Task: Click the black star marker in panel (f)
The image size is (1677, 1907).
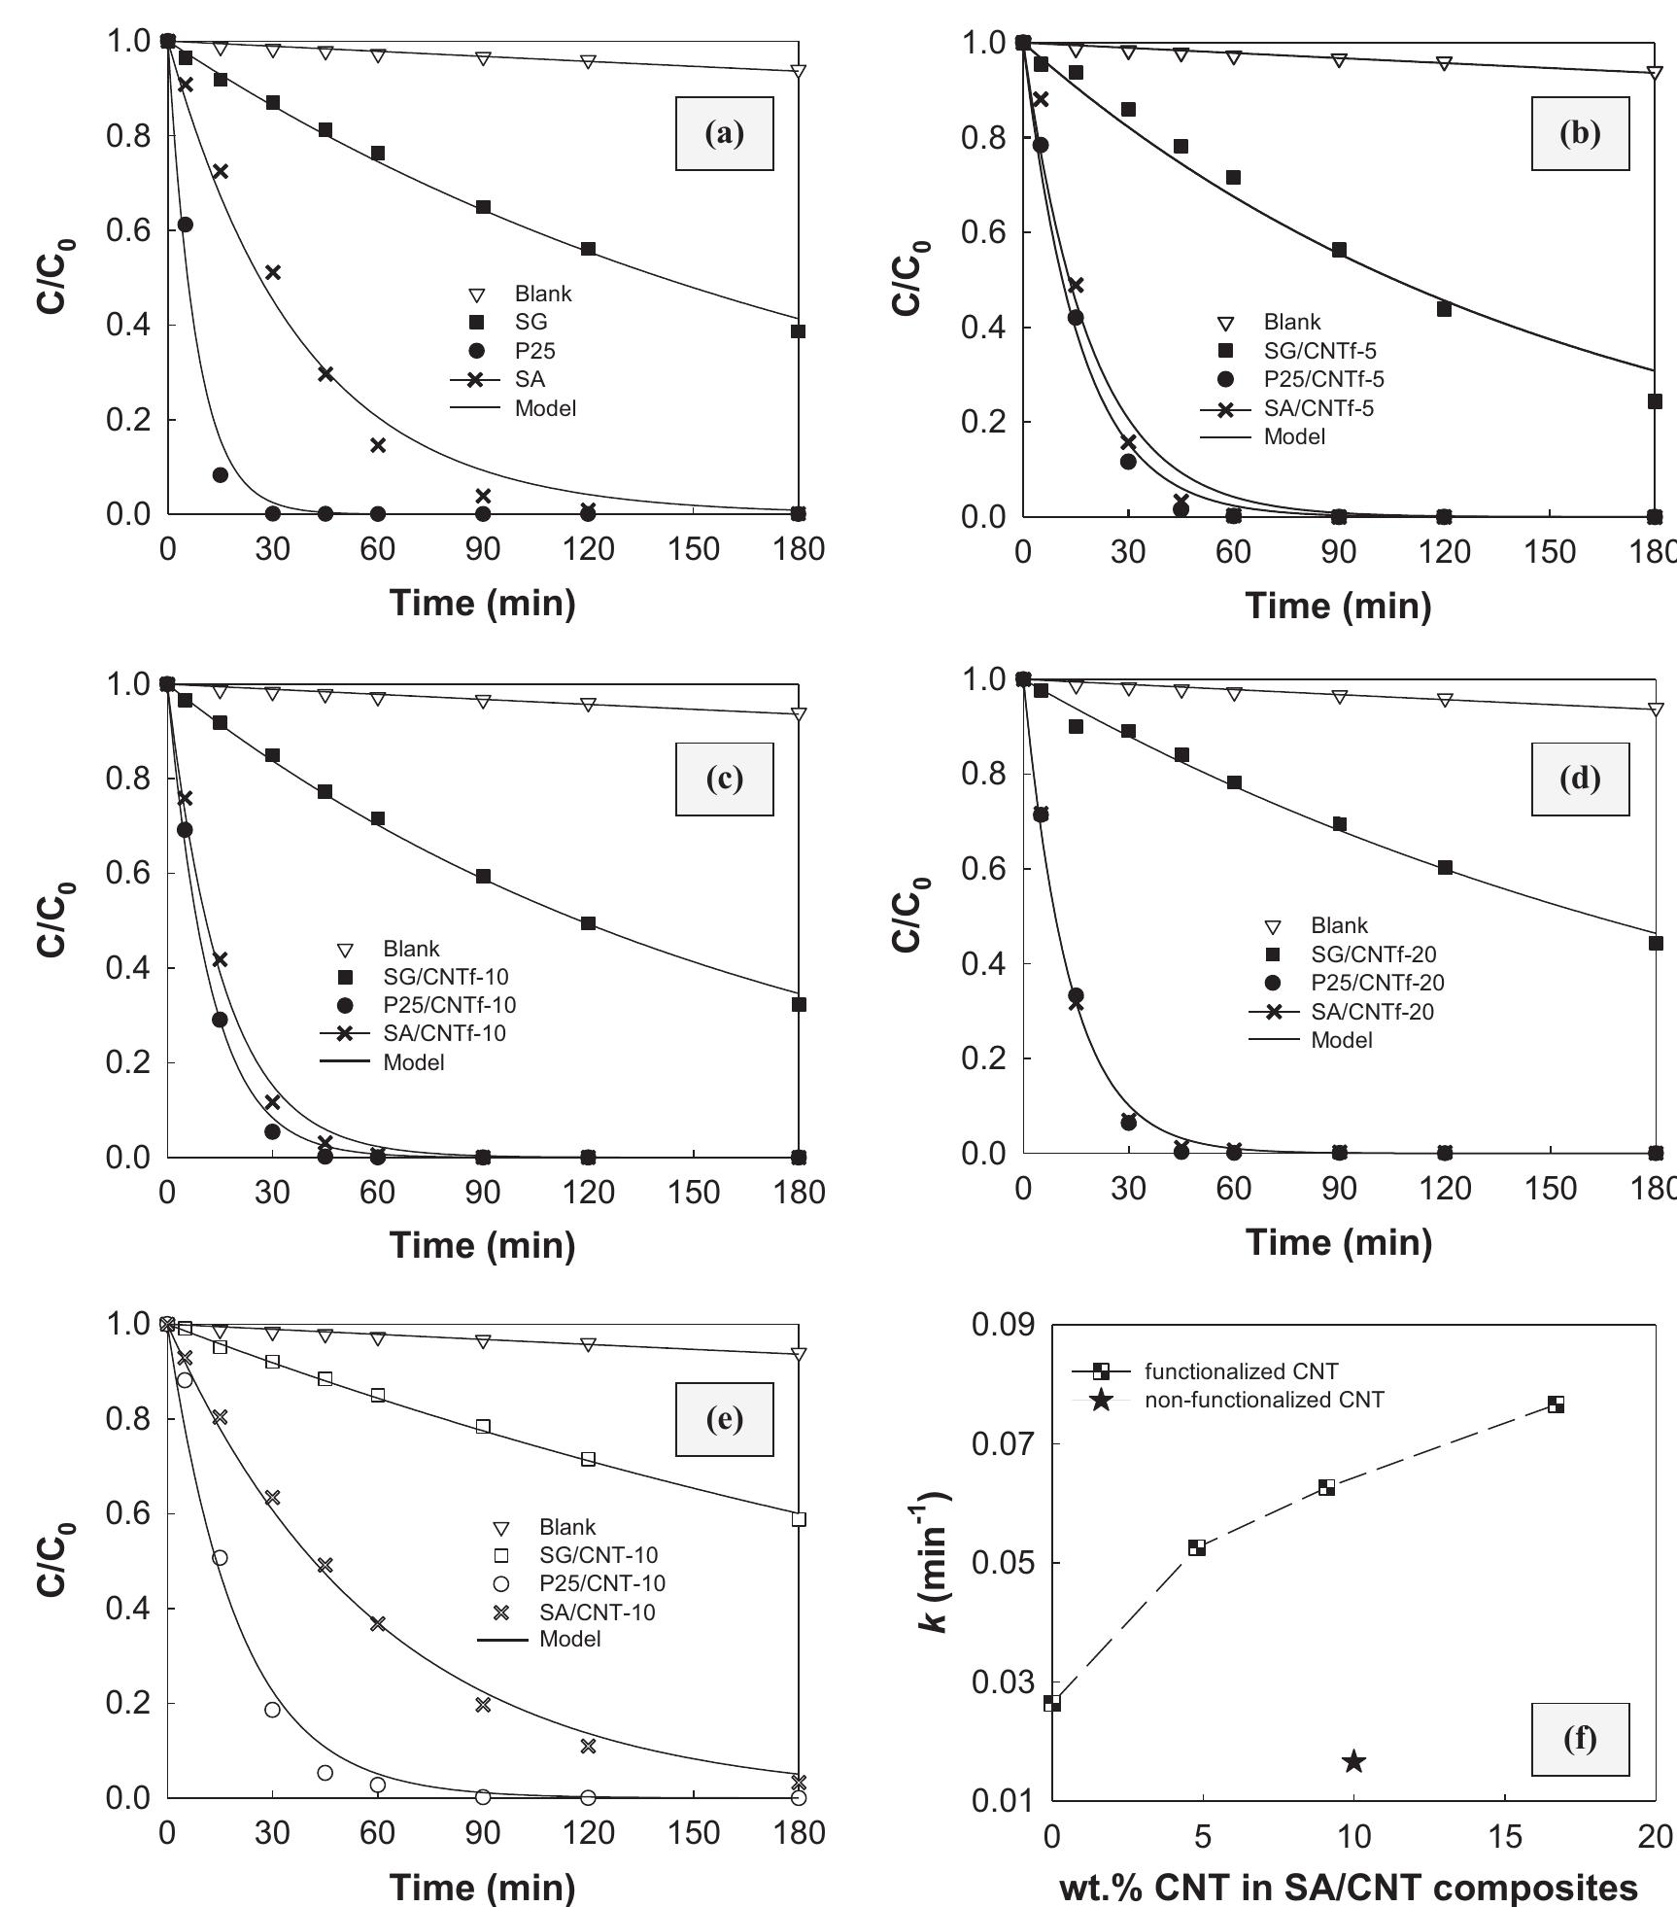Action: (x=1353, y=1762)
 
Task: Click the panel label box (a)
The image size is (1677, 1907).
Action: (x=724, y=134)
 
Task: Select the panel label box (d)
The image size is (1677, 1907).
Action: (x=1580, y=779)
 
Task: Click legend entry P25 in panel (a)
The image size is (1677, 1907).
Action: (x=534, y=351)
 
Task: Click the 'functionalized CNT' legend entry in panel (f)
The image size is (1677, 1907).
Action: (x=1241, y=1371)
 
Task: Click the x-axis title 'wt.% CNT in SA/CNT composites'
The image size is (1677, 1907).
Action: (x=1348, y=1859)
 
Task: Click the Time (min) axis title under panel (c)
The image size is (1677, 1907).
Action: (x=482, y=1245)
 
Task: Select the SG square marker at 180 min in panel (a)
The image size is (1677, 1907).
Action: (x=798, y=331)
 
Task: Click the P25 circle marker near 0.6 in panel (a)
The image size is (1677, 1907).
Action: (x=185, y=225)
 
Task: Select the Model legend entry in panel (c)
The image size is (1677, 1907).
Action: (x=413, y=1062)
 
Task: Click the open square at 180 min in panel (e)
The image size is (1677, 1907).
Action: (x=799, y=1519)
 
